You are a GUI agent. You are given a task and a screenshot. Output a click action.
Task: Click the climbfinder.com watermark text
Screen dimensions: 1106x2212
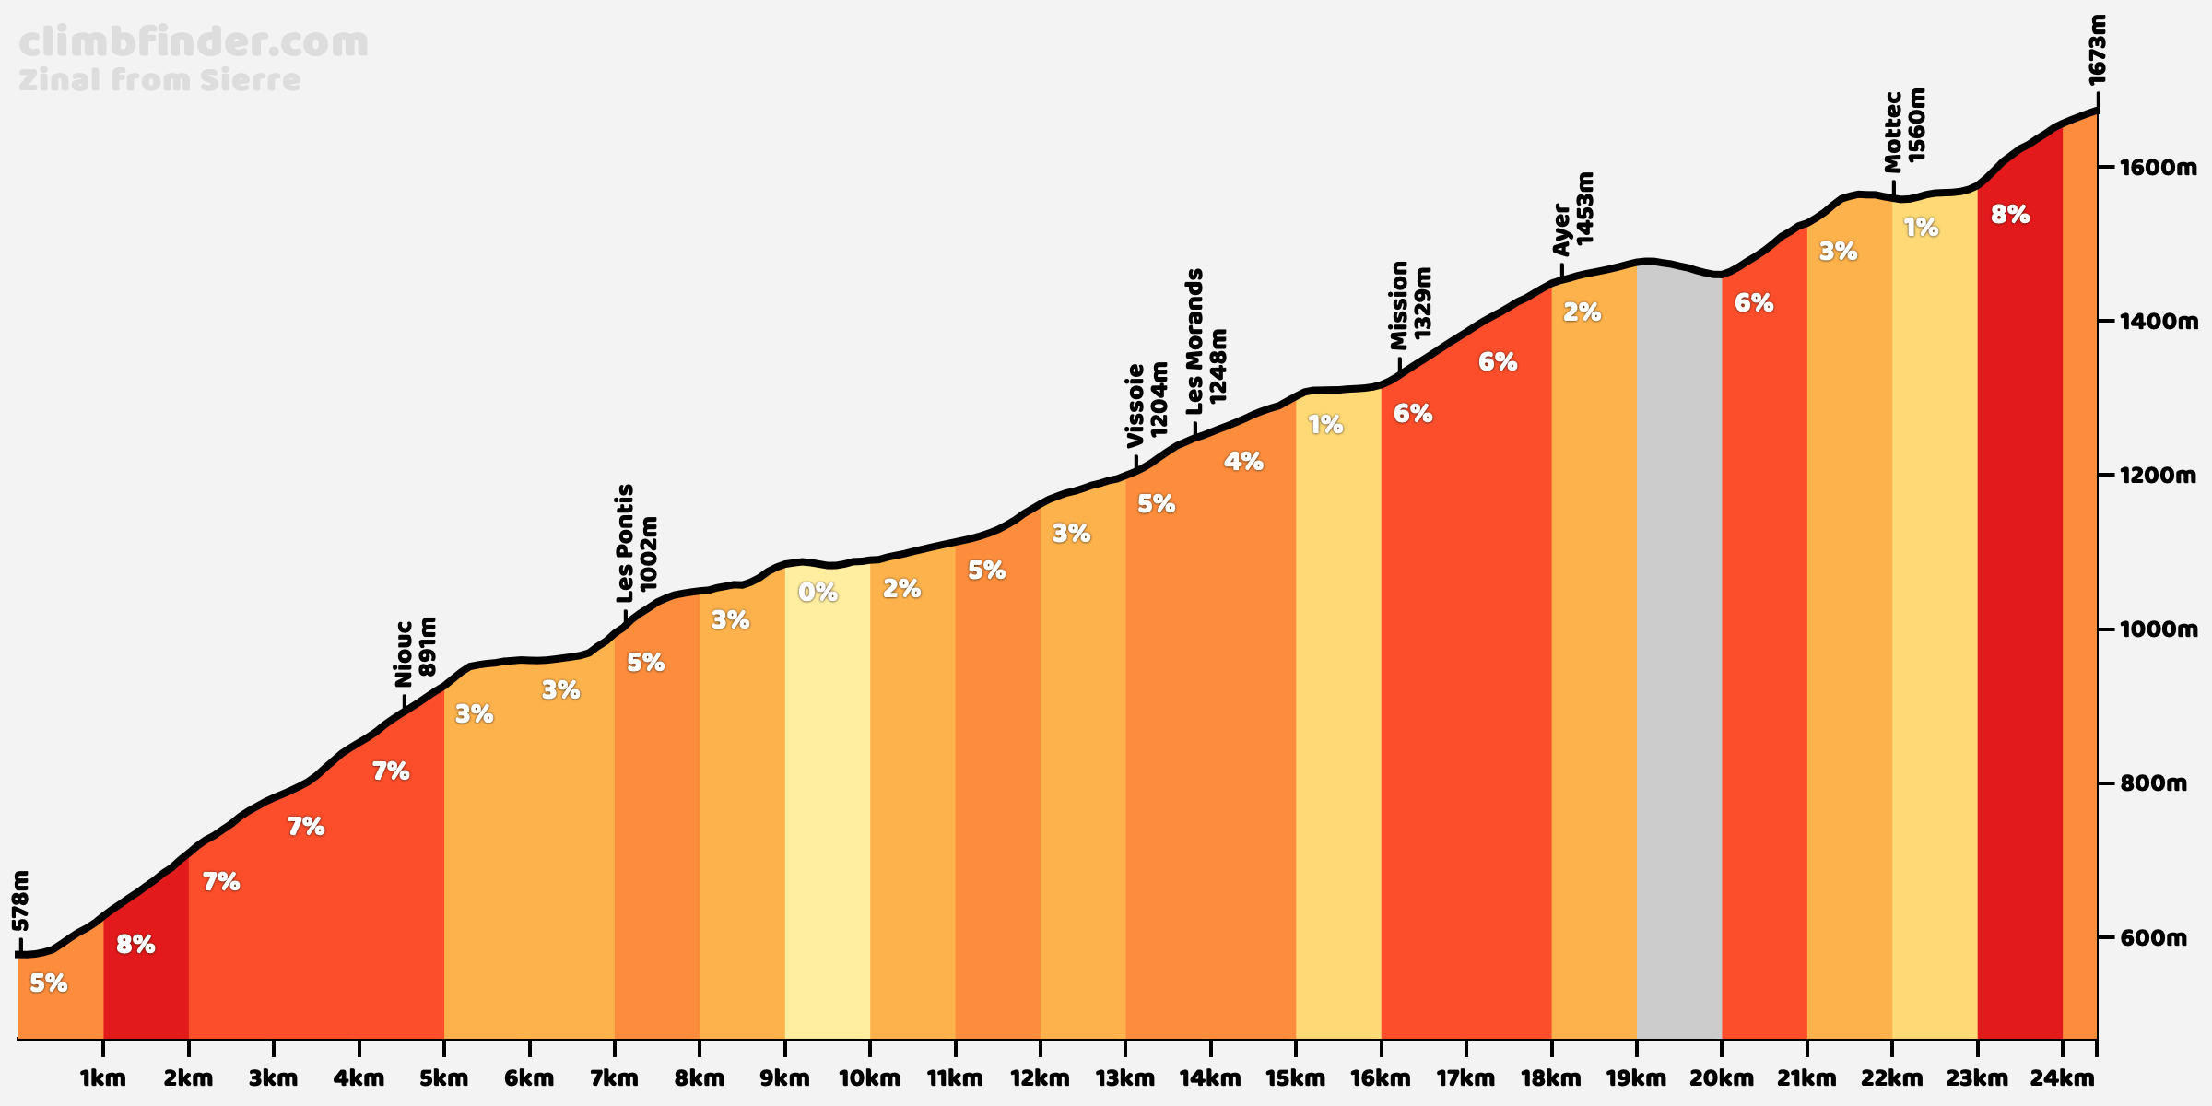(x=194, y=43)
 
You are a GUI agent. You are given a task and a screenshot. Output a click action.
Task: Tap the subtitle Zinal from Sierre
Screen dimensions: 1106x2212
(x=159, y=81)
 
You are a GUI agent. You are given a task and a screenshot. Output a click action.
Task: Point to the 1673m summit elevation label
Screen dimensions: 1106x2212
(x=2097, y=51)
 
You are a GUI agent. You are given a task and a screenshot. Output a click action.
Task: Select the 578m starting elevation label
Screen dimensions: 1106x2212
(x=21, y=900)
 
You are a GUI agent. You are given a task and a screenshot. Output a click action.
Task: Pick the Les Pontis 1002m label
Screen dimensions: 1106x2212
(x=637, y=538)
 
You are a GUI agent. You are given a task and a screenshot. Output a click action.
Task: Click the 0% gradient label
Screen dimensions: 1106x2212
(x=818, y=593)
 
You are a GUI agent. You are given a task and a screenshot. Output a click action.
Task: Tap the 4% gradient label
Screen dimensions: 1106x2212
(x=1243, y=462)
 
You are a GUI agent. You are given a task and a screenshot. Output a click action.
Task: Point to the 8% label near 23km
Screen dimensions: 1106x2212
(x=2010, y=215)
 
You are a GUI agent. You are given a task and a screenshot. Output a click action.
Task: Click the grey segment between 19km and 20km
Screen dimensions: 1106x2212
(x=1678, y=645)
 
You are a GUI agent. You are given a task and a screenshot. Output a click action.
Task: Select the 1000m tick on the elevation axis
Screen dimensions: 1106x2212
(x=2147, y=629)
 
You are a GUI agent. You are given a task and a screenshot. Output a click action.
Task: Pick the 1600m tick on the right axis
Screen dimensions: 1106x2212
(x=2147, y=168)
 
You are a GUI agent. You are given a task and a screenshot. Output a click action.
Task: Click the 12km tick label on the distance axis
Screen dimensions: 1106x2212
(x=1040, y=1077)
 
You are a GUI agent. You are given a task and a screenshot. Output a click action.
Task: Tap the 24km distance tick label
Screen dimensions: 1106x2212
(x=2062, y=1077)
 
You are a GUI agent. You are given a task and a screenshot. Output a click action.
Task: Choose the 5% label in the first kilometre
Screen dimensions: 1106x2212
(x=48, y=983)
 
